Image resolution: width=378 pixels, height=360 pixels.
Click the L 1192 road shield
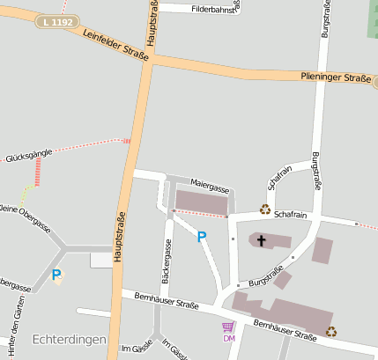57,20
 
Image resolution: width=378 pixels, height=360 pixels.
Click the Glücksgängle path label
29,153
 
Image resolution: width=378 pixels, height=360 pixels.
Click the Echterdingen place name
69,340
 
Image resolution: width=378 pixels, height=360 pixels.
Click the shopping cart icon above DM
228,327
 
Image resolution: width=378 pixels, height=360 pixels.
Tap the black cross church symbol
261,239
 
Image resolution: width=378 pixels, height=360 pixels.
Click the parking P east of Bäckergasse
201,236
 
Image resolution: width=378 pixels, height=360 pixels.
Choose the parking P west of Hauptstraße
56,276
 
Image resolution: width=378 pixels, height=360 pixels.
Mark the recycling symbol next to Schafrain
264,209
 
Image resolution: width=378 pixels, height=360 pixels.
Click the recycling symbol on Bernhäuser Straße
330,331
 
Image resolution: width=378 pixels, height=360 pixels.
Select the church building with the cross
270,240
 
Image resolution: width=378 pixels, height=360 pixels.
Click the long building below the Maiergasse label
201,202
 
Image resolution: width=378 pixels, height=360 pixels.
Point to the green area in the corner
372,18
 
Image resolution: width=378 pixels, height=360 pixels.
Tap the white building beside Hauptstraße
102,259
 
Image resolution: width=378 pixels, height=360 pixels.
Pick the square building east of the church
323,250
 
